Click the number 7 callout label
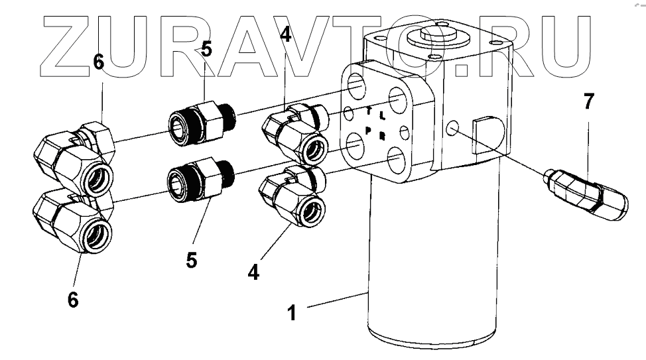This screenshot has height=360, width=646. tap(588, 101)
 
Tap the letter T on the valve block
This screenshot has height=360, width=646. tap(369, 111)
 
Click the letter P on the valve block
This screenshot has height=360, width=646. tap(367, 130)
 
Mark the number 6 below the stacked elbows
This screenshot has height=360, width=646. tap(72, 300)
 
